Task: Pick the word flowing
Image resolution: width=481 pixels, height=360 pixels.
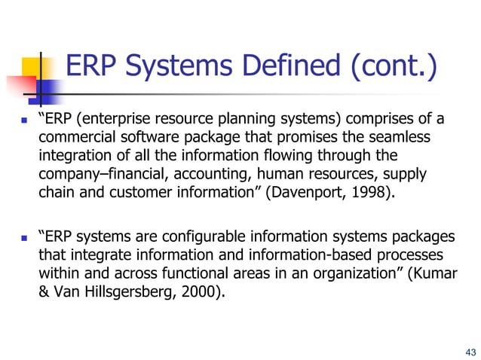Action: (x=302, y=157)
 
